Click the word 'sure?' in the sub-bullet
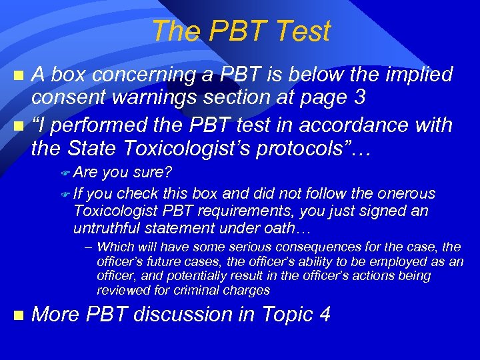pyautogui.click(x=153, y=173)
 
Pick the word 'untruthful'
pyautogui.click(x=106, y=229)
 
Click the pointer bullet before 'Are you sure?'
pyautogui.click(x=65, y=173)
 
